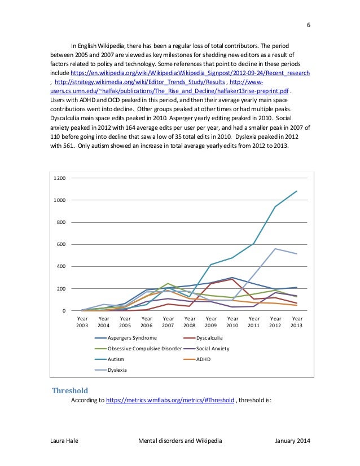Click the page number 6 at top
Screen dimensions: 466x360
(x=309, y=25)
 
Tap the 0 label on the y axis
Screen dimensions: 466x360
(x=64, y=311)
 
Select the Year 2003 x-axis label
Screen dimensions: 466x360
(x=82, y=322)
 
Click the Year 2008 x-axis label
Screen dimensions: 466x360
(x=190, y=322)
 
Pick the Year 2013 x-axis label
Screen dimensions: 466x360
(x=297, y=322)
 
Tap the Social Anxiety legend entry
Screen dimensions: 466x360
(x=213, y=349)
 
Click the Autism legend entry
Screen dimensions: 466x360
(x=116, y=359)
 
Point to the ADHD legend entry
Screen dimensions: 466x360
(x=203, y=359)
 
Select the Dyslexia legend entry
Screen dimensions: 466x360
(x=118, y=370)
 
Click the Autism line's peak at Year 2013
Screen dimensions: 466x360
(x=297, y=191)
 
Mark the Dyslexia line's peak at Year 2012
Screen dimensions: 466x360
(x=275, y=249)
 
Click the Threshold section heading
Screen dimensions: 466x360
(x=71, y=390)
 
